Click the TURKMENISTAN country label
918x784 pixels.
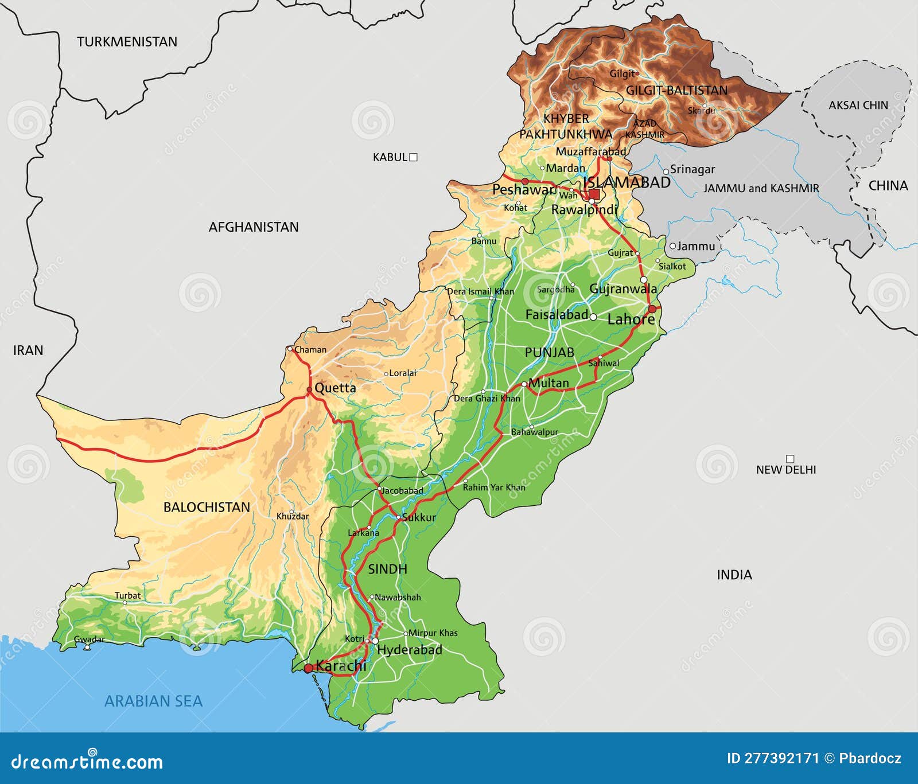pyautogui.click(x=127, y=42)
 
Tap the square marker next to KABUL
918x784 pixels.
pyautogui.click(x=413, y=157)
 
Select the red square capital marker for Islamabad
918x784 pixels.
pyautogui.click(x=594, y=194)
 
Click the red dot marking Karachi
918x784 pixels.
pyautogui.click(x=308, y=668)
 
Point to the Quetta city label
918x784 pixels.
pyautogui.click(x=335, y=388)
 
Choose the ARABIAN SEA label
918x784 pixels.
pyautogui.click(x=153, y=701)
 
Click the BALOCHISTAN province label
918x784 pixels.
pyautogui.click(x=207, y=507)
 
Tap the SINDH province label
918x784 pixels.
pyautogui.click(x=387, y=569)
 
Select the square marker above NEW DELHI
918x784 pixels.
pyautogui.click(x=790, y=459)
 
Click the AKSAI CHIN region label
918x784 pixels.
pyautogui.click(x=858, y=105)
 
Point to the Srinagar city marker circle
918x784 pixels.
pyautogui.click(x=666, y=171)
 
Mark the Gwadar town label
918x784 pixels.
pyautogui.click(x=90, y=639)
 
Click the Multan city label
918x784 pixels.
pyautogui.click(x=549, y=383)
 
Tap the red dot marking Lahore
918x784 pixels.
pyautogui.click(x=652, y=309)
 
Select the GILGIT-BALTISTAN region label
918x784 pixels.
pyautogui.click(x=676, y=91)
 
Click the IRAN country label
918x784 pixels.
pyautogui.click(x=28, y=350)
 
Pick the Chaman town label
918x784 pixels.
pyautogui.click(x=310, y=349)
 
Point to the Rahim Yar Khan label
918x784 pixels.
pyautogui.click(x=493, y=487)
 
